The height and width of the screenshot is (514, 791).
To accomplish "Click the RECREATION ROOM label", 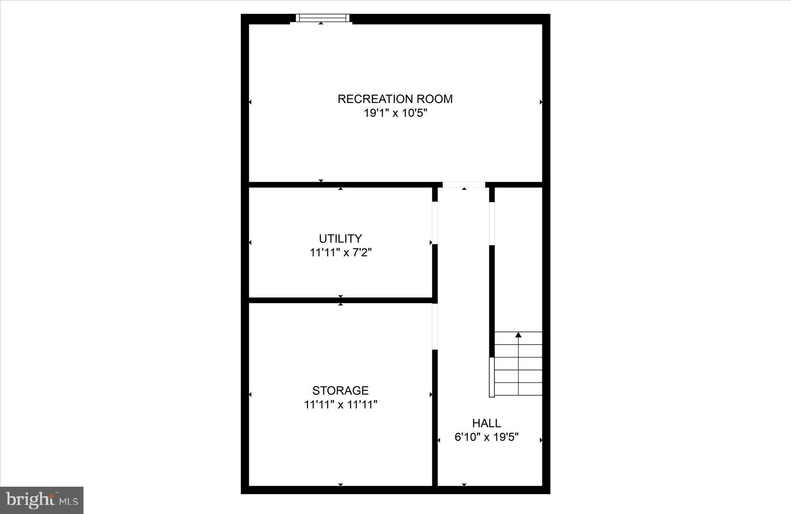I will coord(395,99).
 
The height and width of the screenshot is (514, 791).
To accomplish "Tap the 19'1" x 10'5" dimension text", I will coord(395,114).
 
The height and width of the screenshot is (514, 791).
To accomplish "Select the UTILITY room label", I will coord(340,239).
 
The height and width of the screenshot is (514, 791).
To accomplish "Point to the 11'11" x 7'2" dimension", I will coord(341,252).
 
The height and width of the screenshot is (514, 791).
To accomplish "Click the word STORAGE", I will coord(340,391).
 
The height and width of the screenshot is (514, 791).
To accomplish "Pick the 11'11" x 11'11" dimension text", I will coord(341,405).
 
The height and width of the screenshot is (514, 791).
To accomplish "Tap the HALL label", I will coord(486,423).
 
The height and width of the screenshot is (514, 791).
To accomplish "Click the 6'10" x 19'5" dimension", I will coord(486,437).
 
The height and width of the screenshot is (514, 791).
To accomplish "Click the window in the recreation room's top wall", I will coord(323,18).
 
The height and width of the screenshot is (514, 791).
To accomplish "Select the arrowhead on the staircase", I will coord(518,335).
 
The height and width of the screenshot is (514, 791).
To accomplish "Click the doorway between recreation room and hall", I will coord(464,185).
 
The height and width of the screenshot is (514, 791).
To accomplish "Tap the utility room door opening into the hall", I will coord(435,223).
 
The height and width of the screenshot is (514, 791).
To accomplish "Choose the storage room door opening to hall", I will coord(435,326).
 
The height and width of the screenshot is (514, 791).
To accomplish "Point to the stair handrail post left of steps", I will coord(492,377).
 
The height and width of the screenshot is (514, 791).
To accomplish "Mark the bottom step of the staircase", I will coord(518,389).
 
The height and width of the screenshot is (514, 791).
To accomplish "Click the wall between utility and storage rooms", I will coord(340,300).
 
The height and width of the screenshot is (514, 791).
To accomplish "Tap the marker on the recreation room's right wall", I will coord(541,102).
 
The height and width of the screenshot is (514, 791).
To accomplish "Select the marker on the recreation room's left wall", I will coord(250,102).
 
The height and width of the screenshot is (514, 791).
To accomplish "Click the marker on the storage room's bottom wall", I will coord(341,485).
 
